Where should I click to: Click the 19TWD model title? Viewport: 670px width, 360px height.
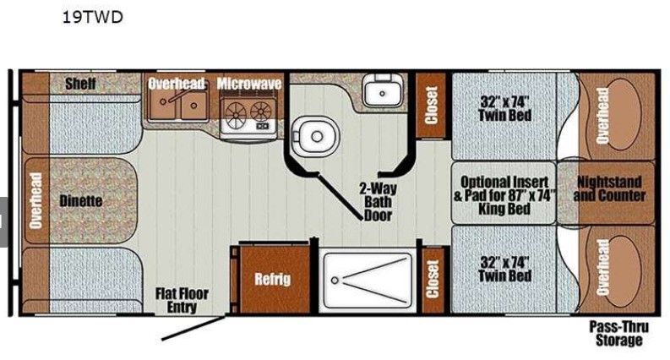tap(93, 17)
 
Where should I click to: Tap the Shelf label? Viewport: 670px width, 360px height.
tap(80, 84)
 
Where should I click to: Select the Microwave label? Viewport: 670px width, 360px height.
tap(249, 84)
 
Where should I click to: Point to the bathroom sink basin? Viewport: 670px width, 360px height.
tap(383, 91)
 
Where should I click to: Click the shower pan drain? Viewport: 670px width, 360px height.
tap(335, 281)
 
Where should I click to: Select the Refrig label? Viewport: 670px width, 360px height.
tap(273, 279)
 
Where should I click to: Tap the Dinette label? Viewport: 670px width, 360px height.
tap(81, 201)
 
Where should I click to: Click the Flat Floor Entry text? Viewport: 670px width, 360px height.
tap(182, 300)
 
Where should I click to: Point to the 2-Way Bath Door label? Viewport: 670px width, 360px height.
tap(378, 202)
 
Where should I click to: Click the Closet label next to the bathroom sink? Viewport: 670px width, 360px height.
tap(431, 105)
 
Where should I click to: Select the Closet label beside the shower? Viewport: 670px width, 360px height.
tap(433, 279)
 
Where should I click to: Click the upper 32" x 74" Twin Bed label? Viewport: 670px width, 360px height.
tap(504, 109)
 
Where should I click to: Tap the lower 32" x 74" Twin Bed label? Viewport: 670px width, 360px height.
tap(504, 270)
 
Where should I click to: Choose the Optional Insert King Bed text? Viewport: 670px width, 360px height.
tap(504, 195)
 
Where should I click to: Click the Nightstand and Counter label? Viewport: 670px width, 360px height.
tap(609, 188)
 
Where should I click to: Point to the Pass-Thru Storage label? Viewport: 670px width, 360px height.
tap(618, 334)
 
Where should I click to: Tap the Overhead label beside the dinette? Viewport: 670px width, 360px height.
tap(35, 200)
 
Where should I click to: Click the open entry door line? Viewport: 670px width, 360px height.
tap(193, 328)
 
